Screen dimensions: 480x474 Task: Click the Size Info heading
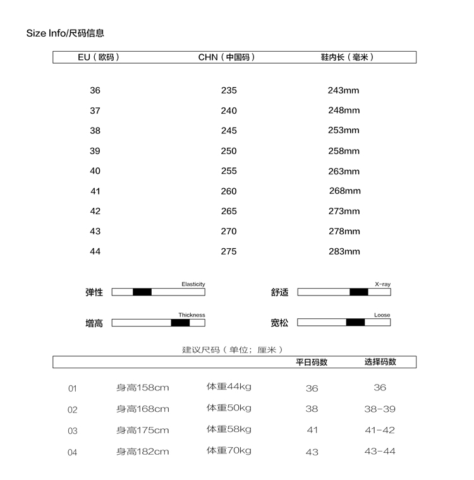(65, 33)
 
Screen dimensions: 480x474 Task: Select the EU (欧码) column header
(99, 57)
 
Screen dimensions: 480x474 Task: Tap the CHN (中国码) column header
(227, 57)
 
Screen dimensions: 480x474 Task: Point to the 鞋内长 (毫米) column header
(347, 57)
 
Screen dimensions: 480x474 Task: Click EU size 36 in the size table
(95, 90)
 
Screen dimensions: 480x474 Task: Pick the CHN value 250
(229, 151)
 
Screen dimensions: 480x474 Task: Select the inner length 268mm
(344, 191)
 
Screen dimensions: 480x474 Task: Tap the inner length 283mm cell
(344, 251)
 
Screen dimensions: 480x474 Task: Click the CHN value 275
(229, 251)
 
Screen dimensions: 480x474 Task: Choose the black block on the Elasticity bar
(142, 292)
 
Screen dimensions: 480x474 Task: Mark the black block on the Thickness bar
(180, 323)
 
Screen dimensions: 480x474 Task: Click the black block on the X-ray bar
(359, 292)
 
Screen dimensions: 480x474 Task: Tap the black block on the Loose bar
(355, 322)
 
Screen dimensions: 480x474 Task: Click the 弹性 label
(94, 292)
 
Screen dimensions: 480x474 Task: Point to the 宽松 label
(279, 323)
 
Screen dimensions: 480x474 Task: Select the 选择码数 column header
(380, 362)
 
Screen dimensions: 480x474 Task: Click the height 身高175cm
(142, 430)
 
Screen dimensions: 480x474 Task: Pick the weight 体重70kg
(229, 450)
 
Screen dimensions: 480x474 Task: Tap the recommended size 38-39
(380, 409)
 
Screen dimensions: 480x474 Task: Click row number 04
(73, 452)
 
